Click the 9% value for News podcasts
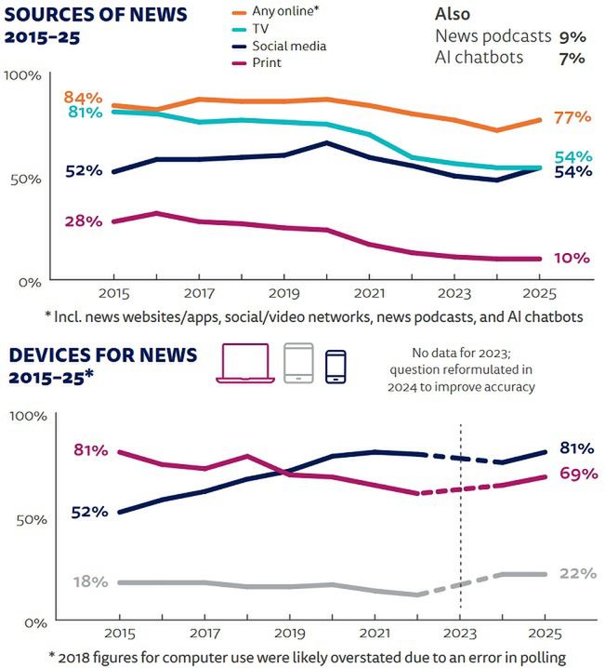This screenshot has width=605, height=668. [572, 36]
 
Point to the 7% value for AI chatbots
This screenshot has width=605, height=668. [572, 58]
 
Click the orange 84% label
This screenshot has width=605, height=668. [81, 99]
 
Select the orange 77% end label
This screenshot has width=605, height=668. [572, 117]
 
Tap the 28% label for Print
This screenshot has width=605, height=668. [81, 220]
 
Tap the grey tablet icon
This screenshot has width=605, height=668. [298, 363]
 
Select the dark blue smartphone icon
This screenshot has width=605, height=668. [335, 366]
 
